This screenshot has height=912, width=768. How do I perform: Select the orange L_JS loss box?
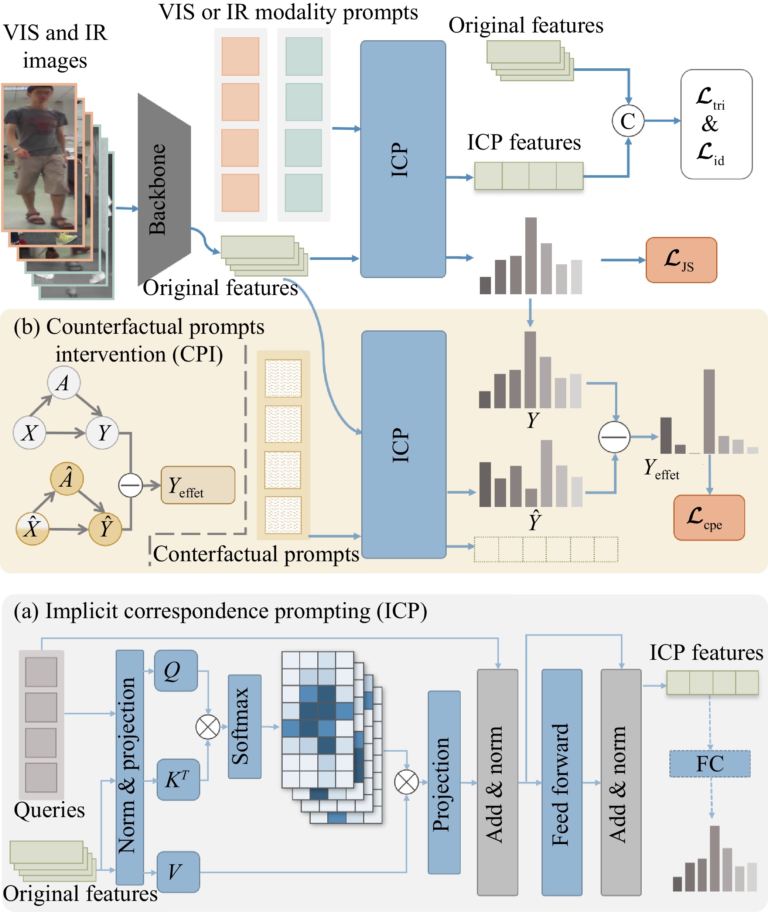pos(681,260)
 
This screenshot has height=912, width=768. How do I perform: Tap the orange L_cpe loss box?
pos(709,517)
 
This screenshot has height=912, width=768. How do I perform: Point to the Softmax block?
pos(244,726)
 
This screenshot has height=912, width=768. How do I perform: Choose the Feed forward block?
pos(561,782)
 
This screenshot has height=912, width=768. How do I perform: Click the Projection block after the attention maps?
pos(444,782)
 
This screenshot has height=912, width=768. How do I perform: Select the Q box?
pos(175,671)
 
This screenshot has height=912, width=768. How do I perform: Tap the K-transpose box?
pos(178,779)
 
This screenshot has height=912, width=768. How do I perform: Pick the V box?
pos(178,871)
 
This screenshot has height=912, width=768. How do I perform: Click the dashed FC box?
pos(710,764)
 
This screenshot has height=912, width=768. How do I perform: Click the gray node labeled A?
pos(64,383)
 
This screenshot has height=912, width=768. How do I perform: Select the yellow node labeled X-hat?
pos(32,529)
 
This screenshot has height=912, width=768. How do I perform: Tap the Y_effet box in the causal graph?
pos(198,485)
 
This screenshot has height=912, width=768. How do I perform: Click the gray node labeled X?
pos(29,432)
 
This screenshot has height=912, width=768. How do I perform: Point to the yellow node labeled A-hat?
pos(66,479)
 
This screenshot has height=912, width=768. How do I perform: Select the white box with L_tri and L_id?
pos(716,124)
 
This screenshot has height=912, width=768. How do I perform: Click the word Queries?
pos(49,810)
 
